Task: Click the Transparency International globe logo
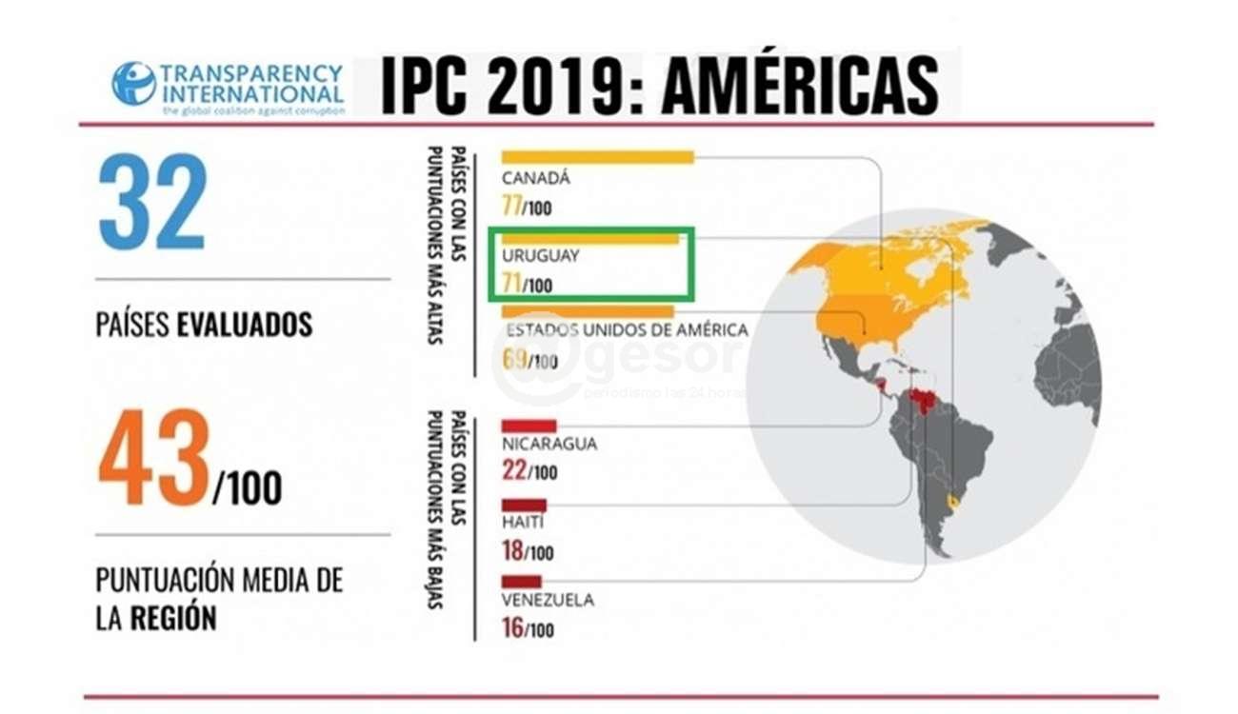coord(133,83)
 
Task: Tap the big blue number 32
coord(152,202)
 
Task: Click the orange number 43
coord(153,458)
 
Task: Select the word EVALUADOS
coord(245,325)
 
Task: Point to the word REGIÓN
coord(173,618)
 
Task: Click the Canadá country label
coord(536,178)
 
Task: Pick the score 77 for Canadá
coord(512,206)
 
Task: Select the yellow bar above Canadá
coord(597,157)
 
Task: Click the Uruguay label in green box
coord(540,256)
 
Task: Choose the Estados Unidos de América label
coord(627,330)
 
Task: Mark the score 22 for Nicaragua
coord(514,471)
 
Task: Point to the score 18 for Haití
coord(513,551)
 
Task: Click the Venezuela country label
coord(548,600)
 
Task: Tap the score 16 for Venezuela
coord(513,628)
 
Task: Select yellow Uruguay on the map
coord(953,502)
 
